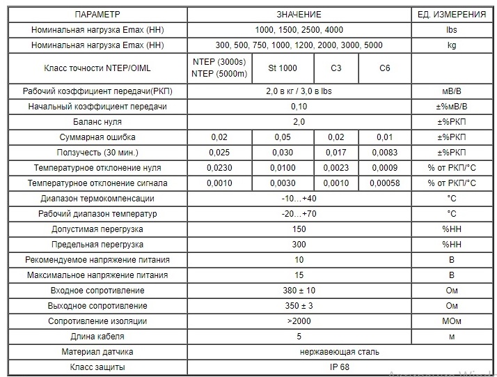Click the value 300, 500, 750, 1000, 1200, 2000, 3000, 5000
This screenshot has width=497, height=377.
(299, 45)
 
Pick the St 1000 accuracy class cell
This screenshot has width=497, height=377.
(283, 68)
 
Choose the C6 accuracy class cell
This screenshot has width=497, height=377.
(384, 68)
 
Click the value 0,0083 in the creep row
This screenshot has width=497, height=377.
(384, 153)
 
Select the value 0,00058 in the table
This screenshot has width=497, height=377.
(384, 183)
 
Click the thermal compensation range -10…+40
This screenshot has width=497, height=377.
(299, 199)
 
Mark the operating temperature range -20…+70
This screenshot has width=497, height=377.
(299, 214)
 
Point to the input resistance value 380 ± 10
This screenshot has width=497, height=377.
(299, 291)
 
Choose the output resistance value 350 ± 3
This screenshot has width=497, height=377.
(299, 306)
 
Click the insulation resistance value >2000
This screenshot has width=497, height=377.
(299, 321)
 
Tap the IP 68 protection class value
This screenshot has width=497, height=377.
(299, 367)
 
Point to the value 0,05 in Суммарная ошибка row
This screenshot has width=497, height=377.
(283, 137)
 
